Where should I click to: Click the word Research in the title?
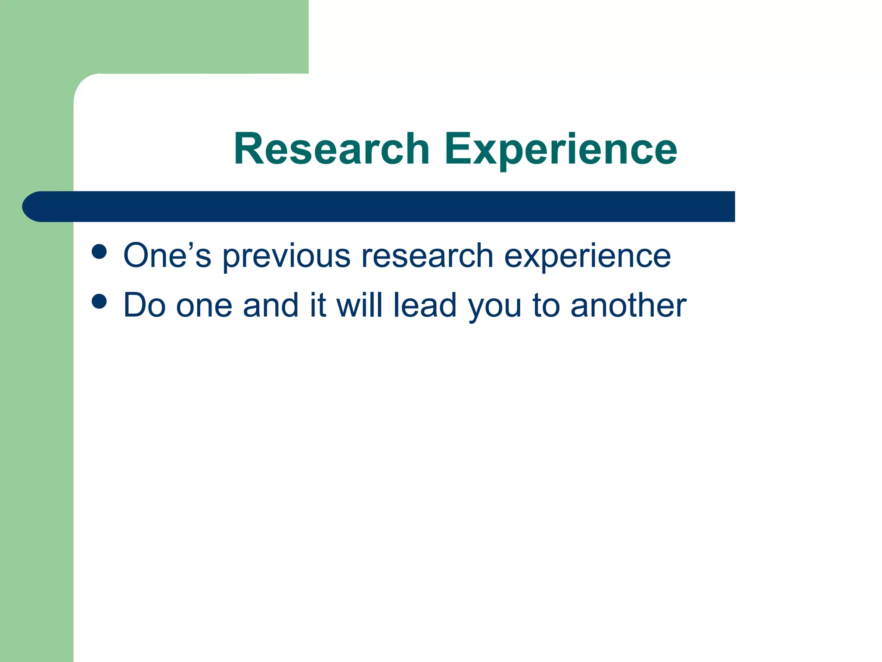[332, 149]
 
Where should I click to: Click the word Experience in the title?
[561, 149]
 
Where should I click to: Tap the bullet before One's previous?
[99, 252]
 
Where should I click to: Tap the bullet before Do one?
[99, 302]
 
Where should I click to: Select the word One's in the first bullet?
[167, 256]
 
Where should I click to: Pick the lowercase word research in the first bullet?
[427, 256]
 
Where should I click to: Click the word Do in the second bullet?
[145, 305]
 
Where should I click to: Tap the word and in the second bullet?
[270, 305]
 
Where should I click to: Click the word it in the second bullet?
[318, 305]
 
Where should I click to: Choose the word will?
[360, 305]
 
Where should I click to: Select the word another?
[628, 305]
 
